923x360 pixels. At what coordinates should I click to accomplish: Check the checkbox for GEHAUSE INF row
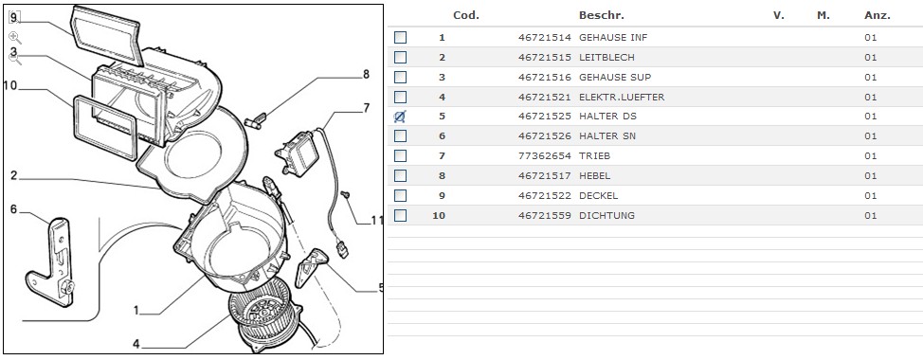(x=400, y=38)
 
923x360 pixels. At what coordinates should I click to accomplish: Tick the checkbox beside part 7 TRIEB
(x=400, y=156)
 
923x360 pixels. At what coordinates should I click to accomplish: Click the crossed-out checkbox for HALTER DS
(x=400, y=117)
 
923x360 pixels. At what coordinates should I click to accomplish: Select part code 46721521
(x=545, y=97)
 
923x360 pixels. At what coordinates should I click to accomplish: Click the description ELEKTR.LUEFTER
(x=622, y=97)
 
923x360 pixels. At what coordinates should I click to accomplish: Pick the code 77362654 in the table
(x=545, y=156)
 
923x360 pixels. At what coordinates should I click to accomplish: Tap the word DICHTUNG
(x=606, y=215)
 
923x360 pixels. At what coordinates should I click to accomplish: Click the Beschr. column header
(x=602, y=15)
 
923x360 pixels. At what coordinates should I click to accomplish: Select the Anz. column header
(x=878, y=15)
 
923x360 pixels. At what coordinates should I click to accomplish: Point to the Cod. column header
(x=466, y=15)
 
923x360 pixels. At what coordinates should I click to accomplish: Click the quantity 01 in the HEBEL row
(x=871, y=176)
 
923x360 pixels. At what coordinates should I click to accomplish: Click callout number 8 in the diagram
(x=366, y=75)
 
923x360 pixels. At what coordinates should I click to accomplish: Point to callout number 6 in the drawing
(x=13, y=209)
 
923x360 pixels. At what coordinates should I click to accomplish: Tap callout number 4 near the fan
(x=136, y=344)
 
